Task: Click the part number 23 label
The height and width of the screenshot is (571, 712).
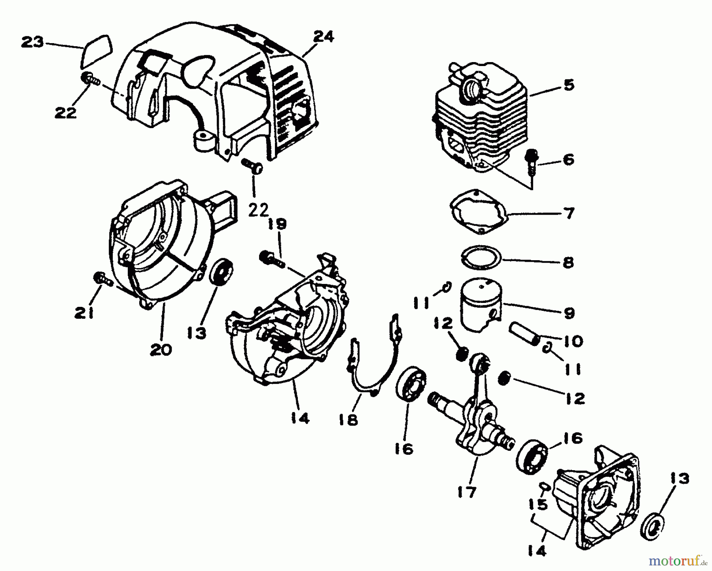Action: pyautogui.click(x=32, y=42)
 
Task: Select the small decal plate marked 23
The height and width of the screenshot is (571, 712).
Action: pyautogui.click(x=97, y=52)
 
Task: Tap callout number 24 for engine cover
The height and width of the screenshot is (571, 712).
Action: pyautogui.click(x=323, y=37)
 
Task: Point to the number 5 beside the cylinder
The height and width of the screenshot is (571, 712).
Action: pyautogui.click(x=568, y=85)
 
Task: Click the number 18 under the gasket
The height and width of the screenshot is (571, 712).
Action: pyautogui.click(x=348, y=420)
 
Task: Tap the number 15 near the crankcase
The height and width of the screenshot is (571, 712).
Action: pyautogui.click(x=538, y=504)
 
